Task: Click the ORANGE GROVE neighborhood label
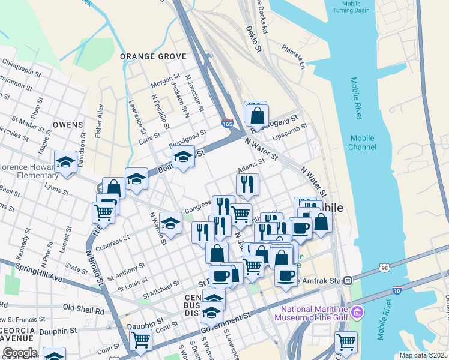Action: tap(153, 56)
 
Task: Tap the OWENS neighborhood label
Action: tap(67, 125)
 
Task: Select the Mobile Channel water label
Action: tap(362, 142)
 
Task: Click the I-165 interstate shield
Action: tap(227, 123)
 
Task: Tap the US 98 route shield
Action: tap(384, 267)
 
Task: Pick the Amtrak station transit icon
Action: tap(355, 280)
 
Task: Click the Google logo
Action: tap(20, 352)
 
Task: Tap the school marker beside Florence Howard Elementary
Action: tap(65, 162)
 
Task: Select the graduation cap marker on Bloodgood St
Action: tap(183, 158)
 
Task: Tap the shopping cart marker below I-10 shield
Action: tap(346, 342)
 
